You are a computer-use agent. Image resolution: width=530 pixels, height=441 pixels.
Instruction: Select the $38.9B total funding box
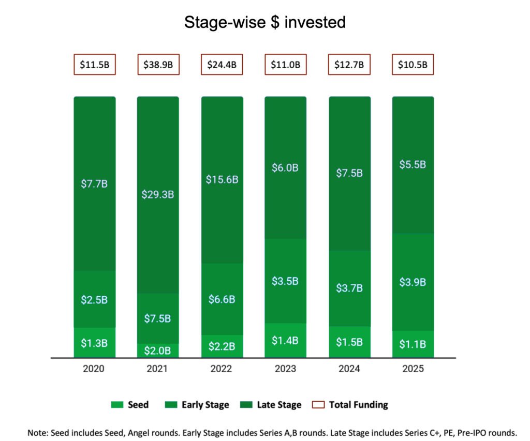point(158,65)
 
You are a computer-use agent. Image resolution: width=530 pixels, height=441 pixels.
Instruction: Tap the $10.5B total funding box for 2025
point(413,65)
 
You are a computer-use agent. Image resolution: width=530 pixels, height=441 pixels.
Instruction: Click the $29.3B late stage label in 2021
point(158,194)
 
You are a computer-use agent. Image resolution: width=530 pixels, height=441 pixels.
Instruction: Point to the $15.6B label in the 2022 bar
point(222,179)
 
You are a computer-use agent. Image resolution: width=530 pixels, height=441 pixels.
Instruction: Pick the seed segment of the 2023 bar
point(285,340)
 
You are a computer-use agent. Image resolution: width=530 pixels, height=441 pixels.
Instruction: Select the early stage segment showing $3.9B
point(413,282)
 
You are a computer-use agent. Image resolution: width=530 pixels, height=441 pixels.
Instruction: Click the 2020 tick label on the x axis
point(94,369)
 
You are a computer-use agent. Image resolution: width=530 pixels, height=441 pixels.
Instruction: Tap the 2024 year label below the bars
point(349,369)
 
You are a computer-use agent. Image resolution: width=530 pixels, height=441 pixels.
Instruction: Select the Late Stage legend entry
point(271,405)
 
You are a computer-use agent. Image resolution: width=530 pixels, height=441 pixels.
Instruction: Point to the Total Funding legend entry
point(352,405)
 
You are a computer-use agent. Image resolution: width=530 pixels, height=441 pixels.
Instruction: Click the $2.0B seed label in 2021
point(158,351)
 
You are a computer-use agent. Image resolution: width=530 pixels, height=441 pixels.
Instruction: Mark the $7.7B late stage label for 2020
point(94,183)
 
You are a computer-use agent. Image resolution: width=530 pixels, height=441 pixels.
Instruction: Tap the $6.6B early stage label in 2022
point(222,299)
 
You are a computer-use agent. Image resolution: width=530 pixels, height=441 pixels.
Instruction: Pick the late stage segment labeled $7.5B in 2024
point(349,173)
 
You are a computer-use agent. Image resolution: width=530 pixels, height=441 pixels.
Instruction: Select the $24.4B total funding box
point(222,65)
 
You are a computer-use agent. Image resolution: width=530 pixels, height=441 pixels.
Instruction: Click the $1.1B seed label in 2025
point(413,344)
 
